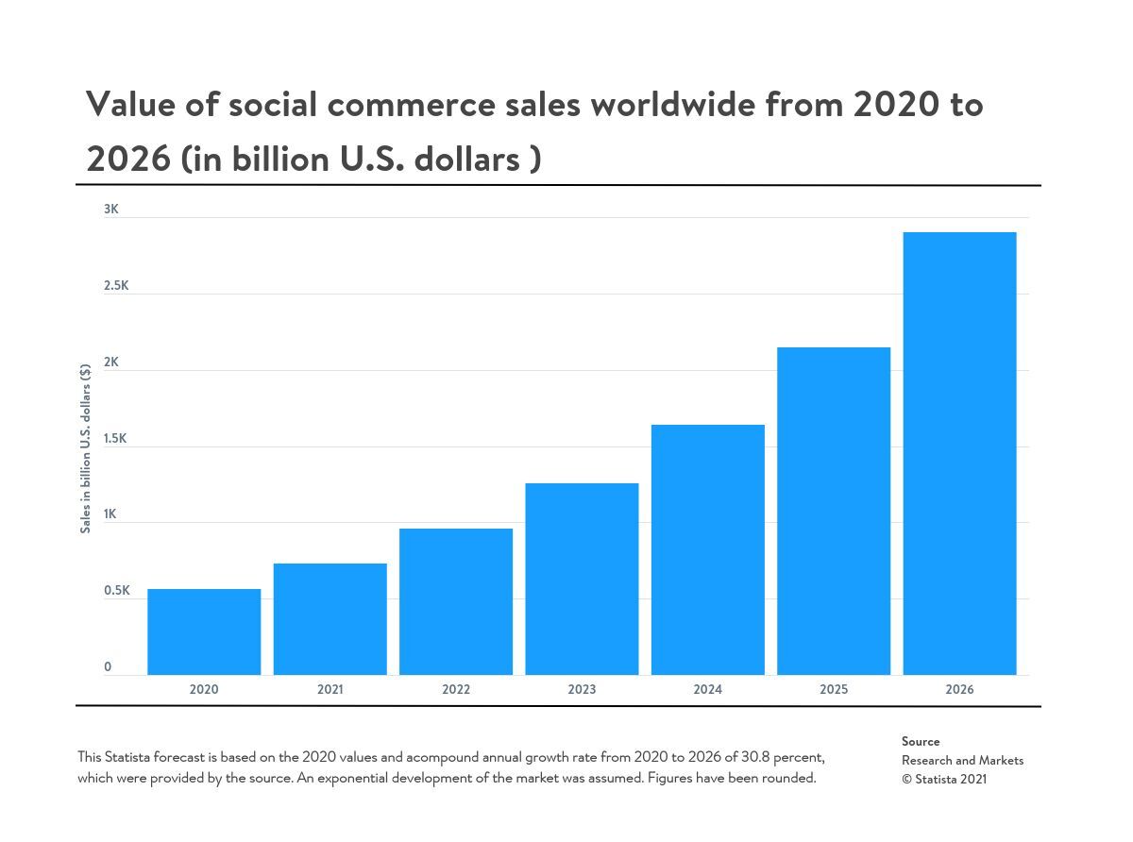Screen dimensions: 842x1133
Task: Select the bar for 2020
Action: click(204, 631)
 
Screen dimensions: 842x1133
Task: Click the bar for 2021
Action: click(330, 619)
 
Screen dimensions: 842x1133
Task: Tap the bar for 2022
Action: click(456, 601)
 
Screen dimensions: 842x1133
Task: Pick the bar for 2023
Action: click(582, 579)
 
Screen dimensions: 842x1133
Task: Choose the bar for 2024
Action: click(708, 549)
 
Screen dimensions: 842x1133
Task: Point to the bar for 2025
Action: click(834, 511)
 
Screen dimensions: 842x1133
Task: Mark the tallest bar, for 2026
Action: click(959, 453)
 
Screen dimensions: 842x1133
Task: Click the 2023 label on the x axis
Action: click(582, 690)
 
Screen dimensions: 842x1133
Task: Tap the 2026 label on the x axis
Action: click(959, 690)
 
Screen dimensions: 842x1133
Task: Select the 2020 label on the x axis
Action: click(204, 690)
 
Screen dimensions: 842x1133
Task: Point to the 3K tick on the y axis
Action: click(111, 210)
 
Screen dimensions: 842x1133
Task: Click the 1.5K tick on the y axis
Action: click(116, 439)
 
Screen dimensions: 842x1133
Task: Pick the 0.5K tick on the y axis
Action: click(117, 591)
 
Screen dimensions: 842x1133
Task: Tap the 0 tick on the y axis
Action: click(108, 667)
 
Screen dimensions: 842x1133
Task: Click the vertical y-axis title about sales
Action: click(86, 447)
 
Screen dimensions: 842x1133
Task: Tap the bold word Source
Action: click(921, 742)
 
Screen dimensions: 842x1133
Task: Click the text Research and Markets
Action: click(962, 761)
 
